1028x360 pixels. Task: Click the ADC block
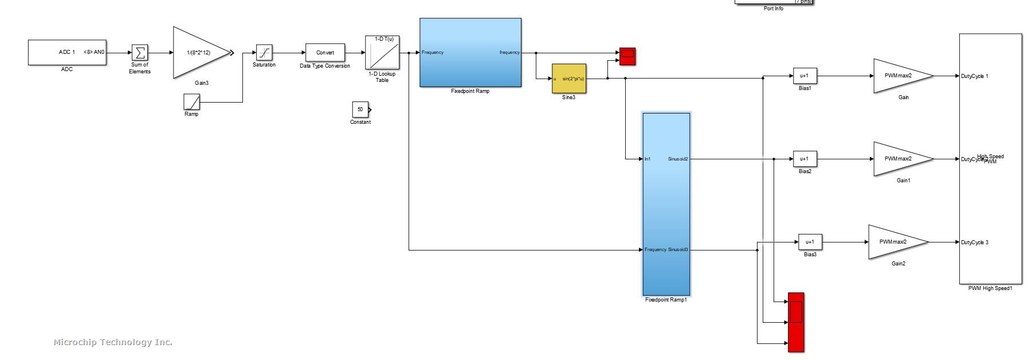coord(67,52)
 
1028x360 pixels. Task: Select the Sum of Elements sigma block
coord(139,53)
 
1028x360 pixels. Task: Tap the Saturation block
coord(264,53)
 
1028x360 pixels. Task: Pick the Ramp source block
coord(191,102)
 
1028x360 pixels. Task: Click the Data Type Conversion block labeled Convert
coord(325,53)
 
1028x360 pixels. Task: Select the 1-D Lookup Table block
coord(382,53)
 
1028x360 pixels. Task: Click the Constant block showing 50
coord(360,109)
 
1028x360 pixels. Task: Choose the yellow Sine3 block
coord(568,79)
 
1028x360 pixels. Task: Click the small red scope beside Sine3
coord(627,56)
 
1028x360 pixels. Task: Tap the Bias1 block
coord(805,76)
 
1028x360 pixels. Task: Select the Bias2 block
coord(805,159)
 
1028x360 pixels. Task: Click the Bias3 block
coord(810,242)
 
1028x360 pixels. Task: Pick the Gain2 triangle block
coord(896,242)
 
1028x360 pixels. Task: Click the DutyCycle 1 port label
coord(975,76)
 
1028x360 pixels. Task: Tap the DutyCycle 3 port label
coord(975,242)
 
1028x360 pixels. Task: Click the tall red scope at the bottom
coord(796,322)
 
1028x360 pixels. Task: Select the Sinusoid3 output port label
coord(678,250)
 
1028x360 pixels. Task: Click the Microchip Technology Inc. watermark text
coord(113,342)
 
